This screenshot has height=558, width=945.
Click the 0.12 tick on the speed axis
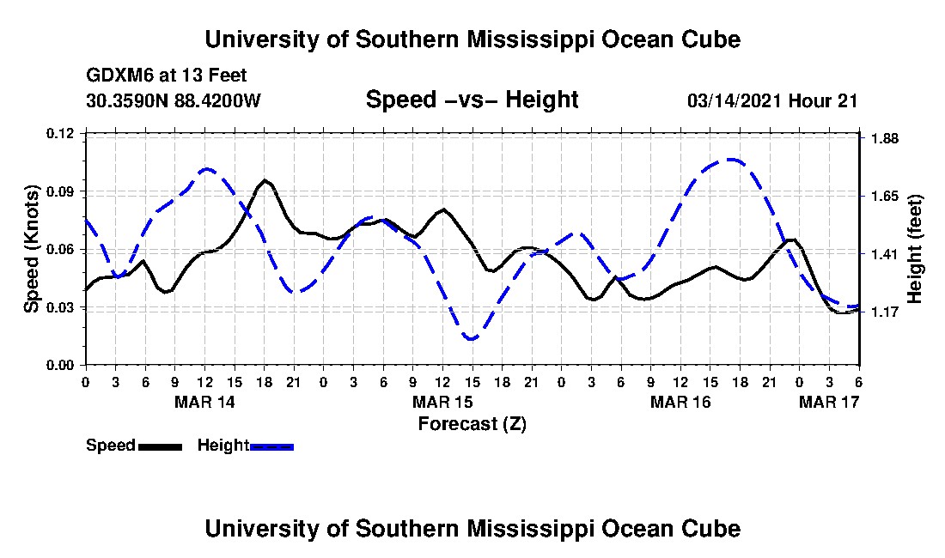(60, 133)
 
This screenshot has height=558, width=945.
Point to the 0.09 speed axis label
(60, 192)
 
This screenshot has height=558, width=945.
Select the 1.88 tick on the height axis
(885, 139)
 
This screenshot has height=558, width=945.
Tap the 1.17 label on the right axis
(885, 312)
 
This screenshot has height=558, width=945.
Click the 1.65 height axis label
(885, 197)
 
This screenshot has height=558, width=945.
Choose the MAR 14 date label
(204, 402)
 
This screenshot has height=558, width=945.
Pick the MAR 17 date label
(829, 402)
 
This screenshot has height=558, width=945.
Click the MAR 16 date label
(680, 402)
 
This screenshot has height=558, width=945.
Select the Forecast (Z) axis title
(472, 424)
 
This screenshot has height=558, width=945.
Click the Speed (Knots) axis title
(31, 249)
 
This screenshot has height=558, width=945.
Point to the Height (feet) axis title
(914, 249)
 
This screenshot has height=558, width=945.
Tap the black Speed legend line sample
(160, 446)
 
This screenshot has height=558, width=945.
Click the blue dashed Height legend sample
(271, 446)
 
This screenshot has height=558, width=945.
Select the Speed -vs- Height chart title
(472, 100)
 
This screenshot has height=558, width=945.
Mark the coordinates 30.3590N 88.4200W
(174, 100)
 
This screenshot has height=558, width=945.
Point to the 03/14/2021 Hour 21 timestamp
(772, 100)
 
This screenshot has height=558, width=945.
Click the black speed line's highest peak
(265, 180)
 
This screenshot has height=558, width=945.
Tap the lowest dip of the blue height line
(472, 339)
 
